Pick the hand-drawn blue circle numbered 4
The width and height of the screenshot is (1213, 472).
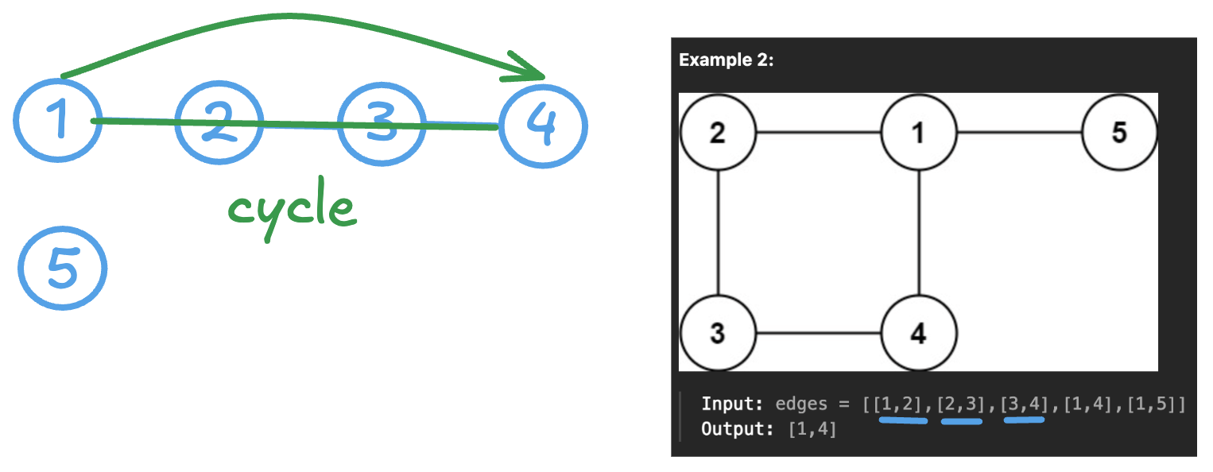[x=544, y=127]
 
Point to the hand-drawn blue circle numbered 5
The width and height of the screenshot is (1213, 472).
[x=62, y=267]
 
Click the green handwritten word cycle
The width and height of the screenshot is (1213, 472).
[x=291, y=208]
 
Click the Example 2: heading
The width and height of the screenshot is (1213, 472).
[x=726, y=61]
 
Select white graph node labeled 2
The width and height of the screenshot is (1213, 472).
[x=718, y=133]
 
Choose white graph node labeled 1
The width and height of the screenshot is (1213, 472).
[x=919, y=133]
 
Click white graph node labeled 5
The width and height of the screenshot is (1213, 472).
[x=1119, y=133]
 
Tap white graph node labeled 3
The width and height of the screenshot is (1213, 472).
[x=718, y=334]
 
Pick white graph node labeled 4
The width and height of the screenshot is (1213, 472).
[x=919, y=334]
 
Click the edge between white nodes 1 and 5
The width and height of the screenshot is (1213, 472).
[x=1019, y=133]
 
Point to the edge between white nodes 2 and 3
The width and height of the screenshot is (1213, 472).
[x=718, y=233]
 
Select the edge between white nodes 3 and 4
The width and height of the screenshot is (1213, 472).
[x=818, y=334]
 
